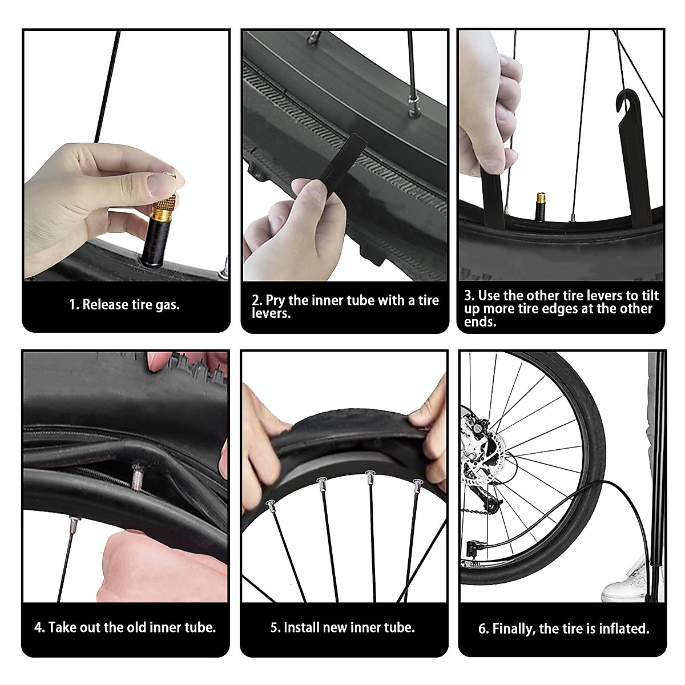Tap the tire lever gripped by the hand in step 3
[493, 194]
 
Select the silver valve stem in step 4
[137, 476]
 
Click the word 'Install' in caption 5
[302, 628]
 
